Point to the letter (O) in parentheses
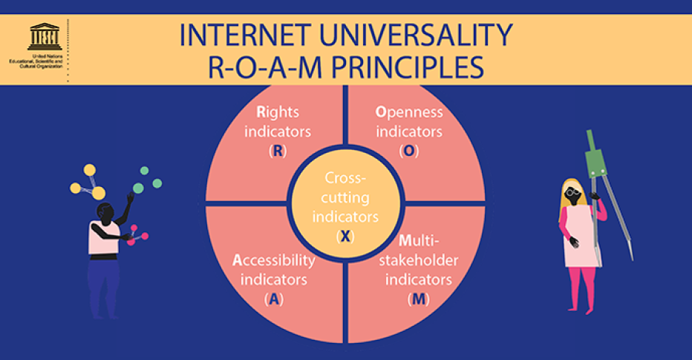click(x=408, y=151)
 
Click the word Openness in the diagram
click(x=409, y=113)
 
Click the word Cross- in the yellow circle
click(x=345, y=179)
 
